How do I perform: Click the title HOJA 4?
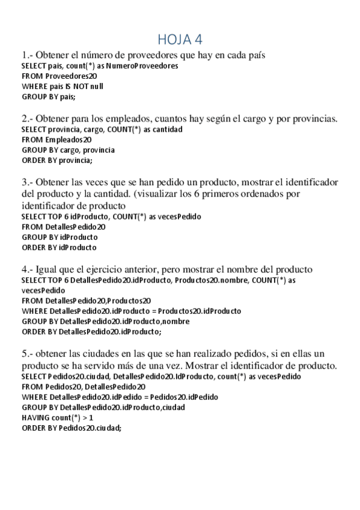(x=180, y=40)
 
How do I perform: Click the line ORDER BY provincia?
(x=57, y=160)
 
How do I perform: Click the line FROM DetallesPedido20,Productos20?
(x=86, y=300)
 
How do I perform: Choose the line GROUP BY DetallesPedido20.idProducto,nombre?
(x=105, y=321)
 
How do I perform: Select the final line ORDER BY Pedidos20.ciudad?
(x=71, y=428)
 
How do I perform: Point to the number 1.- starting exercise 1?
(x=27, y=55)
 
